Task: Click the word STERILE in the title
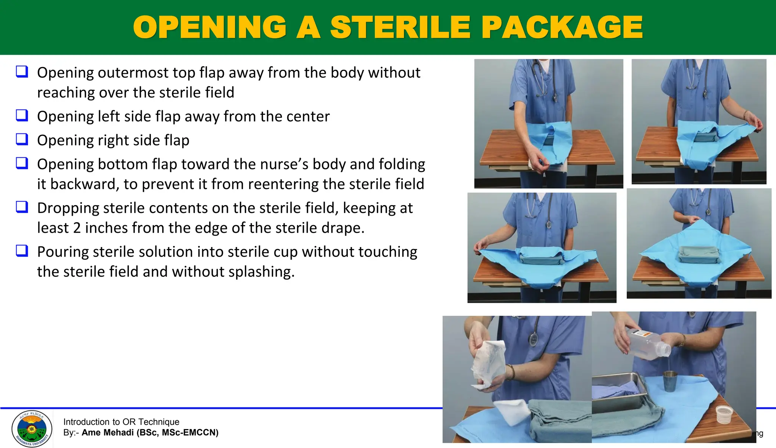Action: pos(400,27)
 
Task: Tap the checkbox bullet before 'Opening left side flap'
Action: pos(22,115)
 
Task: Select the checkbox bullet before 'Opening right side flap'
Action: pos(22,139)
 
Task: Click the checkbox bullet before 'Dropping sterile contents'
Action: pos(22,207)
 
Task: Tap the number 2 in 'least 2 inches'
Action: pos(77,228)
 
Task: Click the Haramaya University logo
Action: pos(32,429)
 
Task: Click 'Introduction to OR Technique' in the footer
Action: pos(121,422)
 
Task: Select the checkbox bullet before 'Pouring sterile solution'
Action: pos(22,251)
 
